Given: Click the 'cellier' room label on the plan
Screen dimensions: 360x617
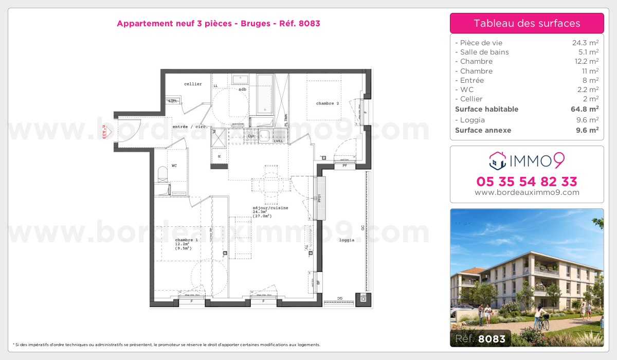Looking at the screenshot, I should click(x=193, y=84).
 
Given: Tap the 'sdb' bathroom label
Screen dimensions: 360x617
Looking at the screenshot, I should click(x=242, y=89).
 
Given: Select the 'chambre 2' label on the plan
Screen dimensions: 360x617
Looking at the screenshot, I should click(x=328, y=103).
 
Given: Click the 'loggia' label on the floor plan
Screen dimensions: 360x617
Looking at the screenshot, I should click(x=347, y=240).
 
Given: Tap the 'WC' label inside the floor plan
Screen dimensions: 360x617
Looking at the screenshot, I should click(x=174, y=166).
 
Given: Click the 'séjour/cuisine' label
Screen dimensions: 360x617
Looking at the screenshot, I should click(x=270, y=208).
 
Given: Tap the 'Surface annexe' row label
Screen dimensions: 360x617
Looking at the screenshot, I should click(x=476, y=130).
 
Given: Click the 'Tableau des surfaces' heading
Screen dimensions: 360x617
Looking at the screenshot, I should click(x=527, y=23).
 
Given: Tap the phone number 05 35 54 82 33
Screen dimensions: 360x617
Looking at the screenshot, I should click(x=527, y=182).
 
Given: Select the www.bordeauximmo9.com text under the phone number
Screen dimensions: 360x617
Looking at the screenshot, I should click(x=527, y=192).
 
